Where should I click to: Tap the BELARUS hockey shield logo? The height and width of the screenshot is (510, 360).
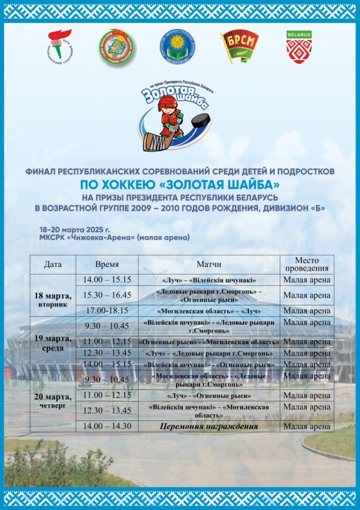point(299,47)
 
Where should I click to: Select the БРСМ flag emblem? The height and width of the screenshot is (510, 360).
point(240,46)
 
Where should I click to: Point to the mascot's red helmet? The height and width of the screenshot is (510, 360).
point(167,103)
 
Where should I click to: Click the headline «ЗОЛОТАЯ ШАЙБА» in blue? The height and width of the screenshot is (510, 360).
point(180,183)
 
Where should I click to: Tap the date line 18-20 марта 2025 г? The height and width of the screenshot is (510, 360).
point(75,230)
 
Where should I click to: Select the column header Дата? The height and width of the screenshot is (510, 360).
point(53,265)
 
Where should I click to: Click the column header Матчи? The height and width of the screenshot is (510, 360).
point(209,265)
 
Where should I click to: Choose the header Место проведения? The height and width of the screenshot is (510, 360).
point(307,265)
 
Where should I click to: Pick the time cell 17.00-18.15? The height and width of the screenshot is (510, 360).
point(107,311)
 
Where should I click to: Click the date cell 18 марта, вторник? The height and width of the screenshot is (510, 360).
point(53,299)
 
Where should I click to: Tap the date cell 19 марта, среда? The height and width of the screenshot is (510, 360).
point(53,343)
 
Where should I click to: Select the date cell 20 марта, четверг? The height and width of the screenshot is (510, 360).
point(53,400)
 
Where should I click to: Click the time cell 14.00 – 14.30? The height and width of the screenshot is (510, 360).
point(107,426)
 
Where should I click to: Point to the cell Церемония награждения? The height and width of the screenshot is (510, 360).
point(209,426)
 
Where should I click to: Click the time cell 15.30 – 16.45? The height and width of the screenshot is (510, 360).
point(107,295)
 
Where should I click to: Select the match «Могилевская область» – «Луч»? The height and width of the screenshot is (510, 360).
point(209,311)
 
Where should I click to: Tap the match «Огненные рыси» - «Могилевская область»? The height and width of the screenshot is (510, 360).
point(209,342)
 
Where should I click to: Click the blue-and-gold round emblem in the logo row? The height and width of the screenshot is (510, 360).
point(180,46)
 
